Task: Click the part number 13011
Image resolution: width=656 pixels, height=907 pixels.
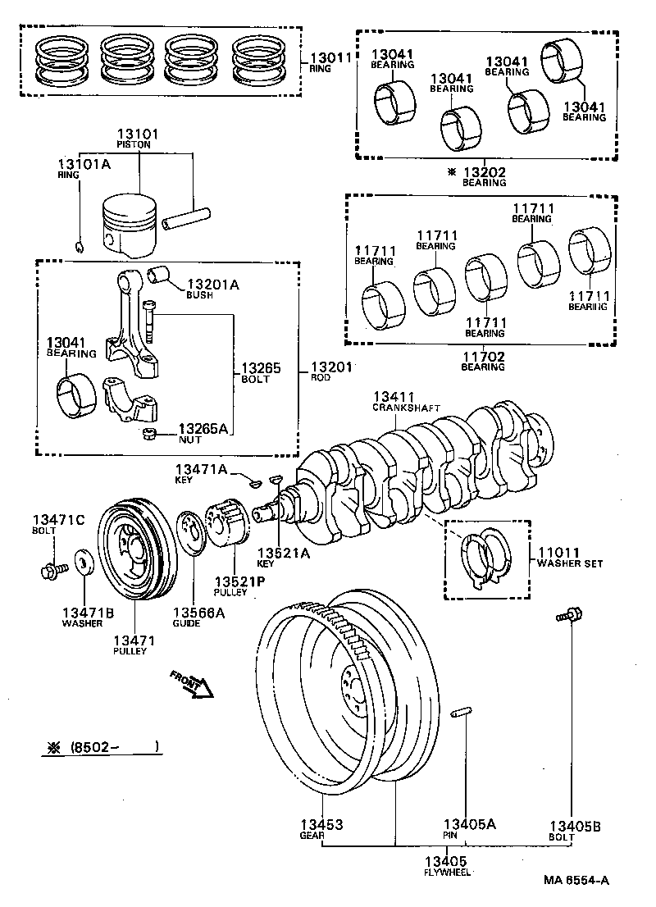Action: (x=330, y=59)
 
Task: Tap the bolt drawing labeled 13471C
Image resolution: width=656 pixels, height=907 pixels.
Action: (x=52, y=567)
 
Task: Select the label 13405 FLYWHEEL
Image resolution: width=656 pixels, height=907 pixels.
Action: (x=445, y=865)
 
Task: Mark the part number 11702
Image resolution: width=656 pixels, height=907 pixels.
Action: (x=484, y=357)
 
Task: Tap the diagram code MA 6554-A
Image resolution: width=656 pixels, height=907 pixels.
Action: (x=576, y=880)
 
